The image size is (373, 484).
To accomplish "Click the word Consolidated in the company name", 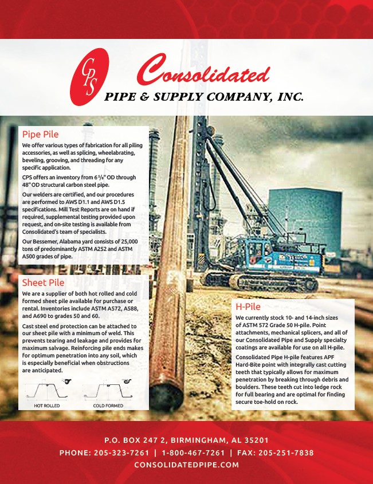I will (203, 74).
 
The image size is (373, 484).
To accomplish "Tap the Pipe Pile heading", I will (40, 135).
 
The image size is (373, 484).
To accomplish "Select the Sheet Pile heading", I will (43, 282).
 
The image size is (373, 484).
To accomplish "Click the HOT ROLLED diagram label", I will (47, 405).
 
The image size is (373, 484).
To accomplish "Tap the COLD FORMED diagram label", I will (108, 405).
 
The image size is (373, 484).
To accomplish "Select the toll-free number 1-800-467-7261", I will (193, 452).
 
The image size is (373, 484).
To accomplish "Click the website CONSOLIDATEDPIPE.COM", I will (186, 465).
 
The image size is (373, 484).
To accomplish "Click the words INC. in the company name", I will (290, 97).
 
